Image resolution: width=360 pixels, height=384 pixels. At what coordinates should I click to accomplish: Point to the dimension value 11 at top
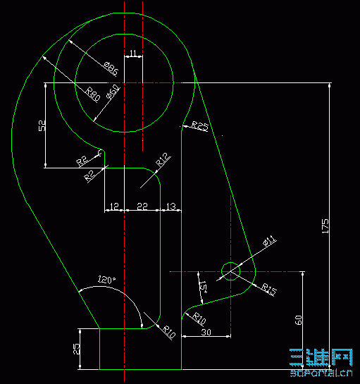pyautogui.click(x=133, y=53)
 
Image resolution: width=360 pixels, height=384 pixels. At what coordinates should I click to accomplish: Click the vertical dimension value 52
pyautogui.click(x=42, y=125)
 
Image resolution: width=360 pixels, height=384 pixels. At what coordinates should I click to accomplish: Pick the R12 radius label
pyautogui.click(x=162, y=159)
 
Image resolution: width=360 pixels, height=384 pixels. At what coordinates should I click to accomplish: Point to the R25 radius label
pyautogui.click(x=199, y=126)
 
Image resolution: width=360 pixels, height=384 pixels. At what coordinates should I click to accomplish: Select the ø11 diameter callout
pyautogui.click(x=270, y=241)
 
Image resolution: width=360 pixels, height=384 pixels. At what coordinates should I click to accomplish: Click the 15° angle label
pyautogui.click(x=203, y=287)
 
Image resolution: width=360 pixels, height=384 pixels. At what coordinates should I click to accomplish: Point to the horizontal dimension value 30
pyautogui.click(x=206, y=332)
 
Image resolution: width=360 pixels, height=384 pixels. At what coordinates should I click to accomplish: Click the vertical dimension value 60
pyautogui.click(x=299, y=319)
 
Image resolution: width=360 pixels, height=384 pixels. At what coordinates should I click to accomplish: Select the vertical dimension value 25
pyautogui.click(x=76, y=348)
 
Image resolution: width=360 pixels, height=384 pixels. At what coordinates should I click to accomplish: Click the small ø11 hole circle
pyautogui.click(x=230, y=270)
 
